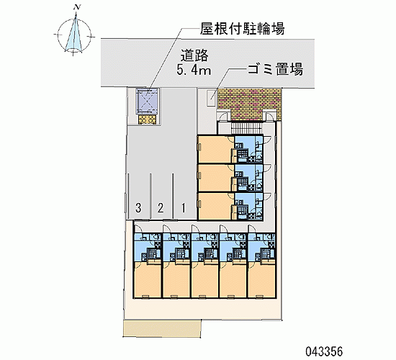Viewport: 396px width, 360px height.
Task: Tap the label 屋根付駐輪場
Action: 243,28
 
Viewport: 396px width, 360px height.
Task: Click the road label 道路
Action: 194,55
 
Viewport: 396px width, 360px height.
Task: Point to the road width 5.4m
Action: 194,70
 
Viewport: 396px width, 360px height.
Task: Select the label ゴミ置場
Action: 275,69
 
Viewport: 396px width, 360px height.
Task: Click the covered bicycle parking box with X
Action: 147,101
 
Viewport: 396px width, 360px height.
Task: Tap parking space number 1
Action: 184,208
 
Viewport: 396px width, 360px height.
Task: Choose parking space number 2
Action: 161,208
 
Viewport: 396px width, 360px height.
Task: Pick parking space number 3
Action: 138,208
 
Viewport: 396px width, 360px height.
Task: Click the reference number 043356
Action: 324,351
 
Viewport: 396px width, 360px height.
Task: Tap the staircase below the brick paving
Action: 248,127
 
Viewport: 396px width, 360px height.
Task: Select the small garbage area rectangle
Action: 211,98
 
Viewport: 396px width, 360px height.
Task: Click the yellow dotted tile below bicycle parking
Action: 147,120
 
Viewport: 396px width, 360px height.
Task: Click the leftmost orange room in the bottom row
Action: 147,279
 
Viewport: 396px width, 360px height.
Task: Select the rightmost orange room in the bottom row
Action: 261,279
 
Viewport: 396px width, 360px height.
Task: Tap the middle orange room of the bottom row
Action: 204,279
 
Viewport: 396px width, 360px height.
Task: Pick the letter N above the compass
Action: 76,8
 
